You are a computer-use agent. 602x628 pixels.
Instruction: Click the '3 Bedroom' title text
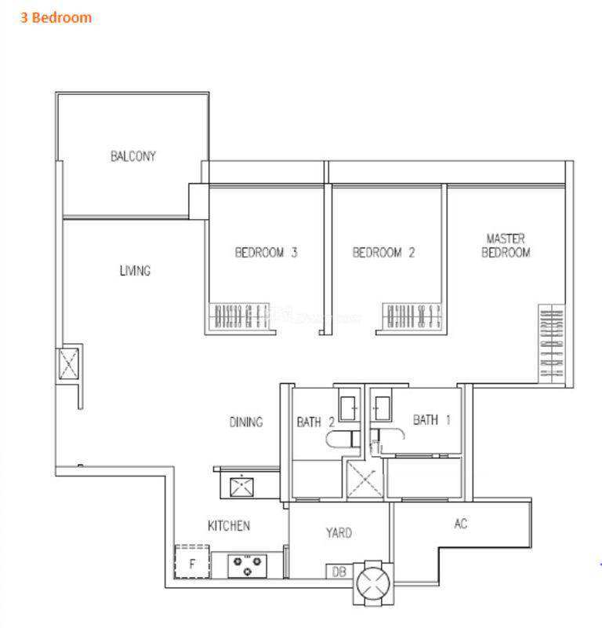click(x=56, y=17)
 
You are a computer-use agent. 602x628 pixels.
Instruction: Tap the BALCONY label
click(x=133, y=155)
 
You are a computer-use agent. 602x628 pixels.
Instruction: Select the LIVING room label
click(x=135, y=271)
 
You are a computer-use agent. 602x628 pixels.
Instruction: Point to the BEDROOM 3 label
click(x=266, y=252)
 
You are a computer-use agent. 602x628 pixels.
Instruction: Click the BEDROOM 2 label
click(x=383, y=252)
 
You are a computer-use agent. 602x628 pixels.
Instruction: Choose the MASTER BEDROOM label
click(x=506, y=246)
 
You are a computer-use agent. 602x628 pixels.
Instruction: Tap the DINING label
click(x=246, y=422)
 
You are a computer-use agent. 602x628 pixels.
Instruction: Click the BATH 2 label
click(x=316, y=422)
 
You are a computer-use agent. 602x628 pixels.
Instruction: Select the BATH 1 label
click(x=432, y=420)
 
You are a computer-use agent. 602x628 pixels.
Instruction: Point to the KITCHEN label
click(x=229, y=525)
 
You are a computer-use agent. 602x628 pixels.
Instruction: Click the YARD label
click(x=339, y=533)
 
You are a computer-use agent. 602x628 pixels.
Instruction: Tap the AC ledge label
click(x=461, y=524)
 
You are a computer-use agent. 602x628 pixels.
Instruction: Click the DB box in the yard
click(x=339, y=571)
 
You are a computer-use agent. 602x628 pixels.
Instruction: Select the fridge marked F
click(x=192, y=561)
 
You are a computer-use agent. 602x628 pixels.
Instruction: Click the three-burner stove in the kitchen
click(x=247, y=566)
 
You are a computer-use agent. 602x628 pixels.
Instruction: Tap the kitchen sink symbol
click(x=241, y=487)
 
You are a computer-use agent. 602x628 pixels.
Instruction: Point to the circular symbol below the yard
click(x=373, y=582)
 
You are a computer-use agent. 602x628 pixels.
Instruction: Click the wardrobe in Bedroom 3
click(x=239, y=316)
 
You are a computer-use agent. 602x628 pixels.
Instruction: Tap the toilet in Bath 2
click(x=343, y=440)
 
